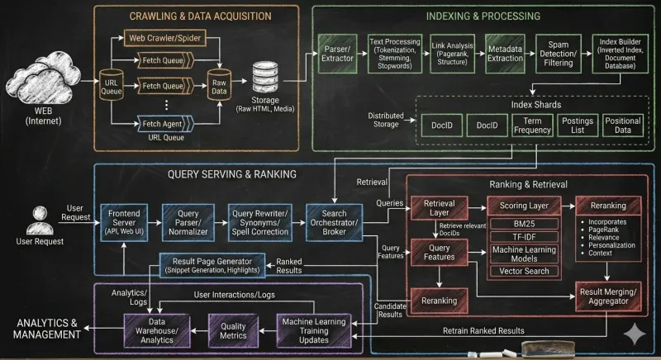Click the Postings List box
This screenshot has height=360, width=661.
pyautogui.click(x=577, y=126)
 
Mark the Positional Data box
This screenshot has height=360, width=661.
pyautogui.click(x=622, y=126)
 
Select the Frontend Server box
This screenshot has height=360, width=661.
pyautogui.click(x=126, y=222)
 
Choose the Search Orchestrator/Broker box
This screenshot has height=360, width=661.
pyautogui.click(x=328, y=222)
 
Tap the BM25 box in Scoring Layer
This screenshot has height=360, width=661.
pyautogui.click(x=524, y=224)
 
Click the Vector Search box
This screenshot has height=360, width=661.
pyautogui.click(x=524, y=270)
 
